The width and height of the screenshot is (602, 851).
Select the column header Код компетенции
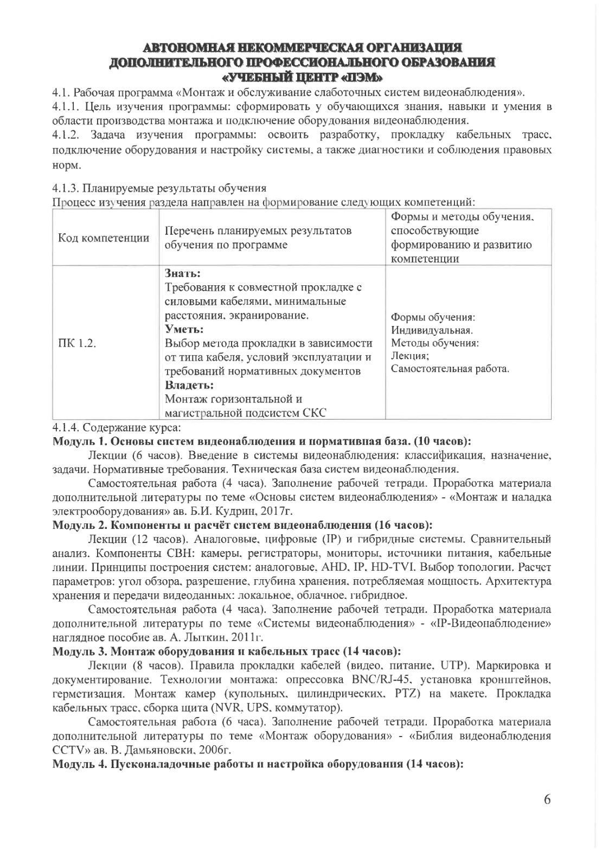tap(104, 238)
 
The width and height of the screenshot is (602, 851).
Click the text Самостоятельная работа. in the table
tap(450, 369)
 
